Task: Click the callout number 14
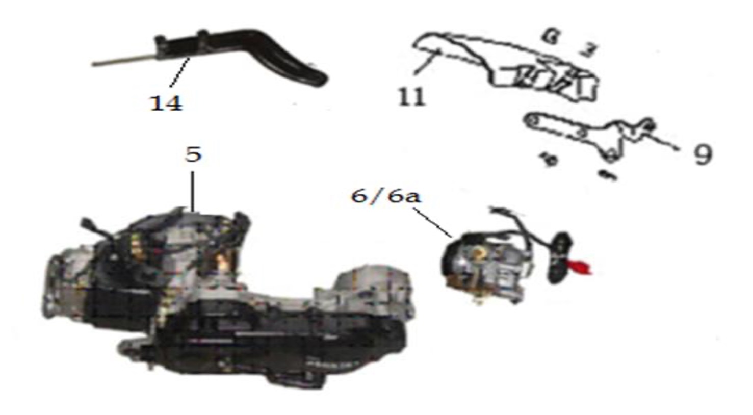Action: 166,103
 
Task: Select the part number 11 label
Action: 411,96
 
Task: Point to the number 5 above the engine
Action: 193,154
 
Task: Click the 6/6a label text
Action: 386,196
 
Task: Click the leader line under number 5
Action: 193,191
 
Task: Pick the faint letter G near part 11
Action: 550,36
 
